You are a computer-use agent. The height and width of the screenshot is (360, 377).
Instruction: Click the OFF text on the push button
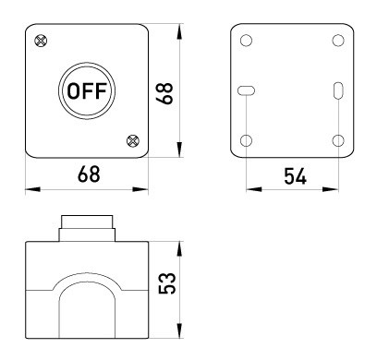click(x=87, y=91)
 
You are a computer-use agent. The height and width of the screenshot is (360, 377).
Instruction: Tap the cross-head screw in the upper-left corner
click(x=41, y=41)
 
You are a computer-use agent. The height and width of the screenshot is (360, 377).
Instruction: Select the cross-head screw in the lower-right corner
click(x=133, y=141)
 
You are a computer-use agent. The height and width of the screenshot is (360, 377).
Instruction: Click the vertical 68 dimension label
click(x=164, y=93)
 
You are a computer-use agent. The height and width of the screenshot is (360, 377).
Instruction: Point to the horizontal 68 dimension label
click(x=89, y=174)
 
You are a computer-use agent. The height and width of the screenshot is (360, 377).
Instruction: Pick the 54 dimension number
click(x=295, y=176)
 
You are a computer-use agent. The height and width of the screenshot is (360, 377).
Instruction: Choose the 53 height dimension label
click(x=167, y=283)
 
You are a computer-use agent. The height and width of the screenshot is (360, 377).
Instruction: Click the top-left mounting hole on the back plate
click(x=246, y=41)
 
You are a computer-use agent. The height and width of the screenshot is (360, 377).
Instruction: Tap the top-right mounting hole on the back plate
click(x=338, y=41)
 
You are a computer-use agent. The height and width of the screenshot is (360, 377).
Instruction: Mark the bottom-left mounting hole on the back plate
click(x=246, y=140)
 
